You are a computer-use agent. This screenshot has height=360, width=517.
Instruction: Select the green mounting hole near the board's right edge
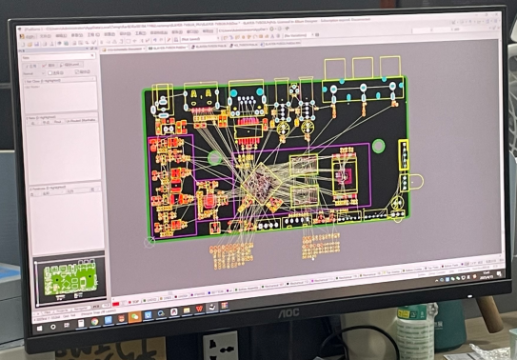tap(378, 146)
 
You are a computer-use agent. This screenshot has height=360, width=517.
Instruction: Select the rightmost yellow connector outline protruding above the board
tap(390, 69)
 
